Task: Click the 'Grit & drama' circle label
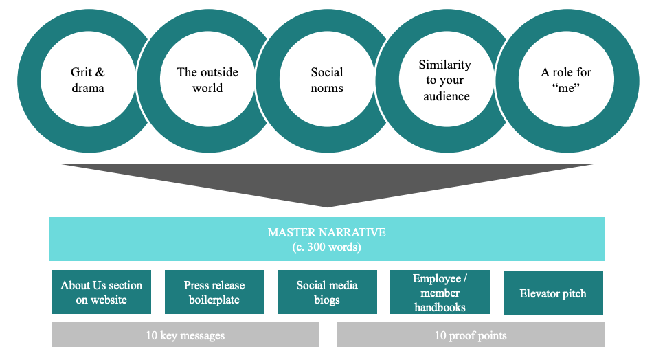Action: (87, 80)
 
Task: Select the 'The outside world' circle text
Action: (207, 80)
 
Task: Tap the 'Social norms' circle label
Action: (327, 80)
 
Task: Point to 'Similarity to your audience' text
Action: (445, 80)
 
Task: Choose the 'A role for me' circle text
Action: (565, 80)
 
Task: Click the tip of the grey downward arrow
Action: (327, 205)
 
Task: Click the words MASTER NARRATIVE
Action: (327, 232)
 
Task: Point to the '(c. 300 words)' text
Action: (327, 247)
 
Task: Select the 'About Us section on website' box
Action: (102, 292)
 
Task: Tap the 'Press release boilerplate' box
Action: (214, 292)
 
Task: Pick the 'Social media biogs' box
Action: (327, 292)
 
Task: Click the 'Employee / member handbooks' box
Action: (440, 293)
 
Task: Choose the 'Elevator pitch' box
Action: (553, 293)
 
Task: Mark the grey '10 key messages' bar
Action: (185, 335)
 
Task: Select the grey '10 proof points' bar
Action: (471, 335)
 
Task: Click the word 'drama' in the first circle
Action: (87, 88)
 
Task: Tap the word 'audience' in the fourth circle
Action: (447, 96)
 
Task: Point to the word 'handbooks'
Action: (440, 307)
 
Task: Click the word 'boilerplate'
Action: (214, 300)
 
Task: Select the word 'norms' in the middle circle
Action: (327, 88)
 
